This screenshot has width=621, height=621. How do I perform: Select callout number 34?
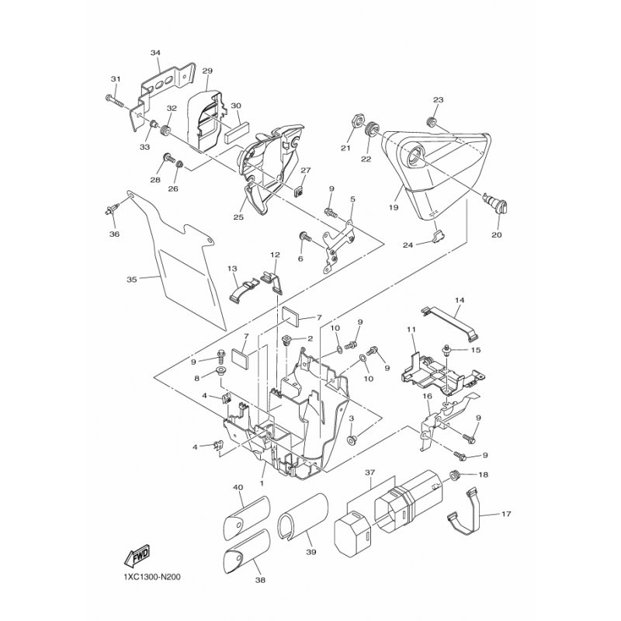click(156, 53)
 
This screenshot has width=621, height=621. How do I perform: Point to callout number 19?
click(394, 207)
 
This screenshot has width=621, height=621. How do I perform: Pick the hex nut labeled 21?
click(356, 121)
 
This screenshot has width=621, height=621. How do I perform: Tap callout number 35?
click(132, 279)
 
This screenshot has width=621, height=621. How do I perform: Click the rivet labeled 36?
click(112, 209)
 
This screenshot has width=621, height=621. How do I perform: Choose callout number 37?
click(370, 473)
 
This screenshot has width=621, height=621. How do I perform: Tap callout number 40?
click(239, 487)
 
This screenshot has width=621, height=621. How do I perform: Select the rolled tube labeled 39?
click(303, 515)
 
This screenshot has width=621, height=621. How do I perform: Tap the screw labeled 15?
click(447, 350)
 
